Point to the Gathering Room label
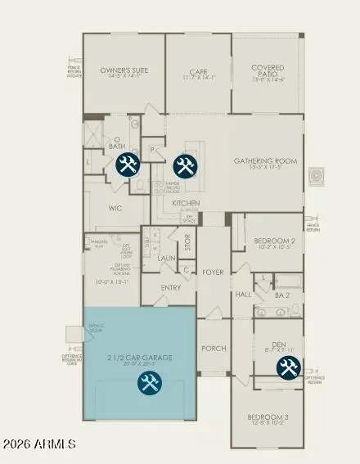tap(264, 161)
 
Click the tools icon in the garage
tap(149, 382)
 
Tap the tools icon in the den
tap(288, 368)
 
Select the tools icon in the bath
tap(128, 165)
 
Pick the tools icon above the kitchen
tap(182, 166)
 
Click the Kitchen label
tap(187, 202)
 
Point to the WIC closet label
tap(115, 208)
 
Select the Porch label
tap(214, 347)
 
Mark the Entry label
tap(171, 287)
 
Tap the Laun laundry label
tap(167, 257)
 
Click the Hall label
tap(243, 293)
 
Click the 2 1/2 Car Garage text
tap(141, 358)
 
